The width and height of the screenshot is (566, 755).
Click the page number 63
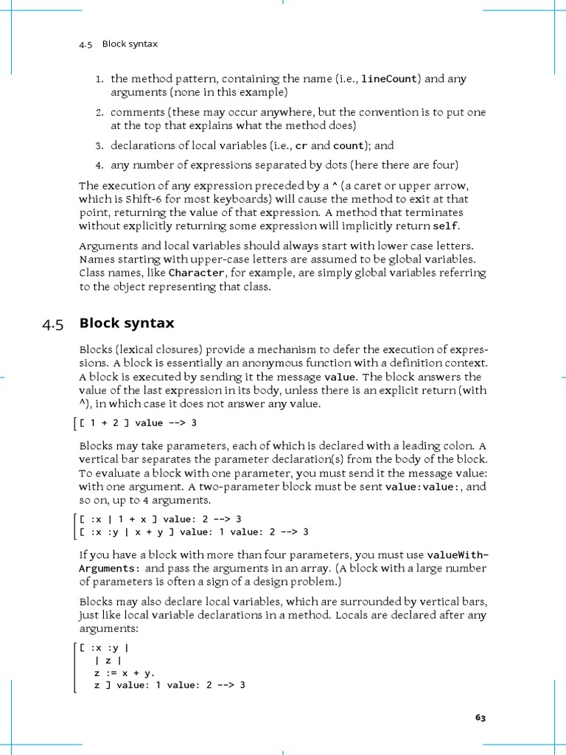[481, 717]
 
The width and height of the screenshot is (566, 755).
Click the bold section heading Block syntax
[126, 324]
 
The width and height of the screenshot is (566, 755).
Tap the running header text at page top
[118, 44]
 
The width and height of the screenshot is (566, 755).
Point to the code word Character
[196, 273]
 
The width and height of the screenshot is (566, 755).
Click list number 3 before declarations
[99, 146]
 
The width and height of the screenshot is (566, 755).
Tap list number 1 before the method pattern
[99, 79]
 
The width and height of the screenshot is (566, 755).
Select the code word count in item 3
[349, 146]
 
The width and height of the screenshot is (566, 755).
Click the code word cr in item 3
[301, 146]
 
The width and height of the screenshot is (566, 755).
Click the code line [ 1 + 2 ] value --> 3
[138, 422]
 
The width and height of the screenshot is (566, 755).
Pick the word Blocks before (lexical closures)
[96, 349]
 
